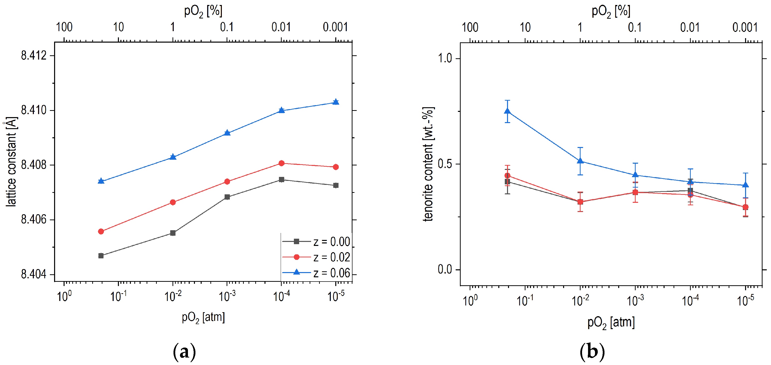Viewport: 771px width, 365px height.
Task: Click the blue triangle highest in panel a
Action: [336, 102]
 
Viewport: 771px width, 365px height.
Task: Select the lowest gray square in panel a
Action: [101, 256]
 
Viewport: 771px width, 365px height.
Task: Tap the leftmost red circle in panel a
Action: [101, 231]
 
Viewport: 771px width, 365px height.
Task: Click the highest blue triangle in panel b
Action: [507, 111]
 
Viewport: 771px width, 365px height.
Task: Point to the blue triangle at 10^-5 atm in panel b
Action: [746, 185]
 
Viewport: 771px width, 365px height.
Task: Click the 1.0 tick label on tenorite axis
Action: [445, 58]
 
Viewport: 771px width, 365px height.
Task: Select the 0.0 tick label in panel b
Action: [445, 270]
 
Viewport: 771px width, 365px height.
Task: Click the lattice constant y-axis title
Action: [11, 161]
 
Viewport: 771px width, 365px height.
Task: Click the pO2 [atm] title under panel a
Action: [203, 317]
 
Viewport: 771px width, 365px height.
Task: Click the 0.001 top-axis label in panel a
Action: [335, 27]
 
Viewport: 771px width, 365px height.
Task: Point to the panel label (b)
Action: [592, 352]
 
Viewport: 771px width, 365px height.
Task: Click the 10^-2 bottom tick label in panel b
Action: [580, 300]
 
